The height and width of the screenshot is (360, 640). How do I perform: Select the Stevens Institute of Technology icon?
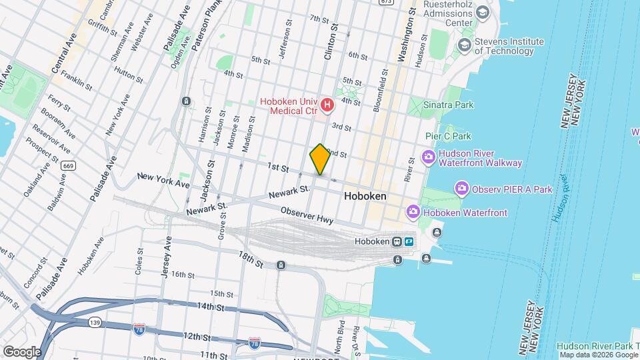[x=464, y=45]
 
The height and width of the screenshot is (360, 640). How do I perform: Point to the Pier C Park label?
[x=448, y=135]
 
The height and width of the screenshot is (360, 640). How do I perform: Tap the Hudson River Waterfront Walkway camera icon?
[x=427, y=158]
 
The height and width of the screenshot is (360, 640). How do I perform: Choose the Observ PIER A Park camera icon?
[x=461, y=189]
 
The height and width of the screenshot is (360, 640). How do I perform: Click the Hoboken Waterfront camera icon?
[x=413, y=212]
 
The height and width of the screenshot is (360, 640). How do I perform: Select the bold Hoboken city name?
[x=365, y=197]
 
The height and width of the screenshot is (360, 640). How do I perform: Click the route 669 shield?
[x=67, y=165]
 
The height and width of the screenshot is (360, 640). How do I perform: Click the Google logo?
[x=21, y=351]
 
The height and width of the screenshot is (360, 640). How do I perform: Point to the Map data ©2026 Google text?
[x=598, y=355]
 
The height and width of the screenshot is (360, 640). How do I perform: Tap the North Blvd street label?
[x=339, y=337]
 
